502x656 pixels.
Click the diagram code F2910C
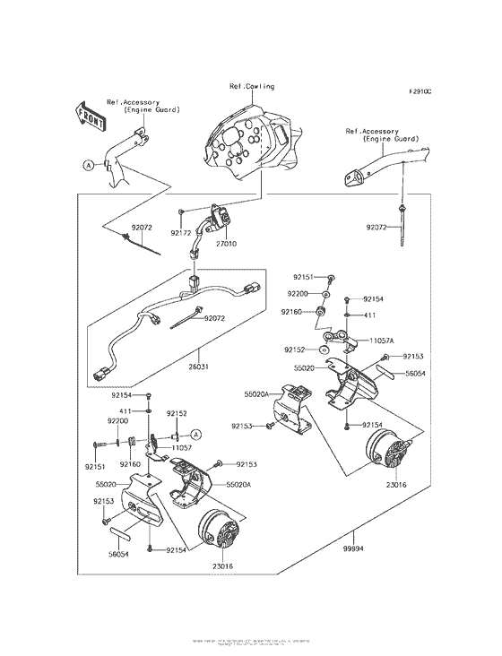(x=420, y=91)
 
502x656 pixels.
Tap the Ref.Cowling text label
(x=251, y=87)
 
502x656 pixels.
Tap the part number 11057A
(x=375, y=341)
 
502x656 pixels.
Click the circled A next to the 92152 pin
(x=196, y=434)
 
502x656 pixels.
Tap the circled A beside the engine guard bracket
(x=88, y=165)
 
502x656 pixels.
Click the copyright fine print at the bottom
(x=251, y=643)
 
